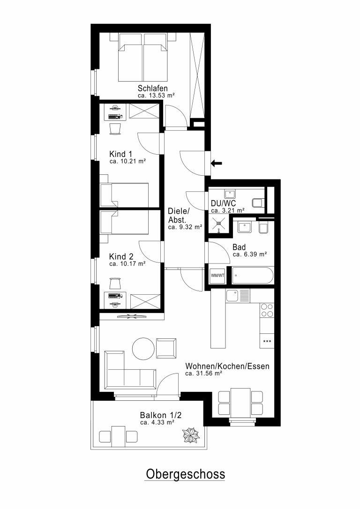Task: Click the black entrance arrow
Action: coord(216,163)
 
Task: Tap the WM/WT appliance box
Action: coord(217,276)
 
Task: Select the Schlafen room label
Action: coord(152,88)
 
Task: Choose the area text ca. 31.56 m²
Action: coord(203,373)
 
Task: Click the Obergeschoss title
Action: coord(185,474)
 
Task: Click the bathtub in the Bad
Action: coord(253,275)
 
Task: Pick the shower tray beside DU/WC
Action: coord(219,225)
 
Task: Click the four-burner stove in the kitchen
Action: coord(267,310)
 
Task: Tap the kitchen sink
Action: coord(238,295)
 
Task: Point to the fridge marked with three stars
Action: coord(267,341)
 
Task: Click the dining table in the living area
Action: coord(240,404)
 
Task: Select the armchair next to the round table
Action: coord(166,348)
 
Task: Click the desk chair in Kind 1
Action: coord(115,128)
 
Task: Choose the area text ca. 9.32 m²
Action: coord(185,227)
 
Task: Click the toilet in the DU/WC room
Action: coord(258,203)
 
